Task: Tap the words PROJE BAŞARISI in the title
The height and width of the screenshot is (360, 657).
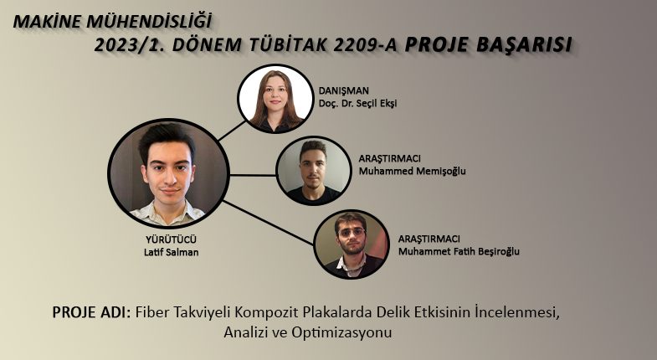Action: pyautogui.click(x=488, y=45)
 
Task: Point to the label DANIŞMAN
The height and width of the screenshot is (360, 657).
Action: pyautogui.click(x=344, y=91)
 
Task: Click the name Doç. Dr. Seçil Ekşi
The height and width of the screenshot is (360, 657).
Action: pyautogui.click(x=357, y=103)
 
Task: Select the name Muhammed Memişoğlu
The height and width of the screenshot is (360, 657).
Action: pyautogui.click(x=412, y=171)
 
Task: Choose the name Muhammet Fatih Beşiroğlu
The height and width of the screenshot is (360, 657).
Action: pyautogui.click(x=459, y=251)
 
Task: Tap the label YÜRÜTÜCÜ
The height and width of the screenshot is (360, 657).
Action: pyautogui.click(x=171, y=239)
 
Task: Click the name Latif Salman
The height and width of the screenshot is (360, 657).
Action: pyautogui.click(x=171, y=252)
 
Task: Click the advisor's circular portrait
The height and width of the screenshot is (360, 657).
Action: pyautogui.click(x=275, y=99)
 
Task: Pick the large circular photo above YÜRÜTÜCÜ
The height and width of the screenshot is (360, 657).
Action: pyautogui.click(x=168, y=173)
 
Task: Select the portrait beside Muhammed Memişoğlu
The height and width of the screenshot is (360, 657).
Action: pyautogui.click(x=313, y=171)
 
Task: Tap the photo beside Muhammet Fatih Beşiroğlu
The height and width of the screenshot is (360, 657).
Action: pyautogui.click(x=352, y=244)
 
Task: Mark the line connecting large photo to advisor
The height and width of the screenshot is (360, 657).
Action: pyautogui.click(x=232, y=131)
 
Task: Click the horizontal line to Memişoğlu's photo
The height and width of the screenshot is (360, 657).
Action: pyautogui.click(x=253, y=175)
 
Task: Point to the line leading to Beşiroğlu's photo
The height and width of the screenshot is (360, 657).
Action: pyautogui.click(x=268, y=223)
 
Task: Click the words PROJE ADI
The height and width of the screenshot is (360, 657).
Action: pyautogui.click(x=92, y=312)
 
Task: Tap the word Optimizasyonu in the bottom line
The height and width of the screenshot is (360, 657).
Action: pyautogui.click(x=342, y=332)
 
